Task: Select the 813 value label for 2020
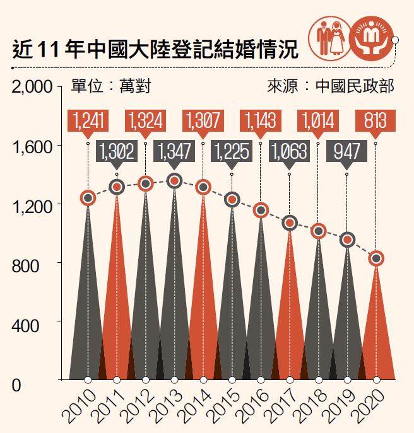coord(375,121)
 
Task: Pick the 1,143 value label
coord(260,121)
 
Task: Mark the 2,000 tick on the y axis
coord(32,87)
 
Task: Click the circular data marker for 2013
coord(175,181)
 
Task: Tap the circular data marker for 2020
coord(376,258)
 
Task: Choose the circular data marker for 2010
coord(88,198)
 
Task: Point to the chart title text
coord(155,49)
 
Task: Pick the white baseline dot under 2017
coord(289,380)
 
